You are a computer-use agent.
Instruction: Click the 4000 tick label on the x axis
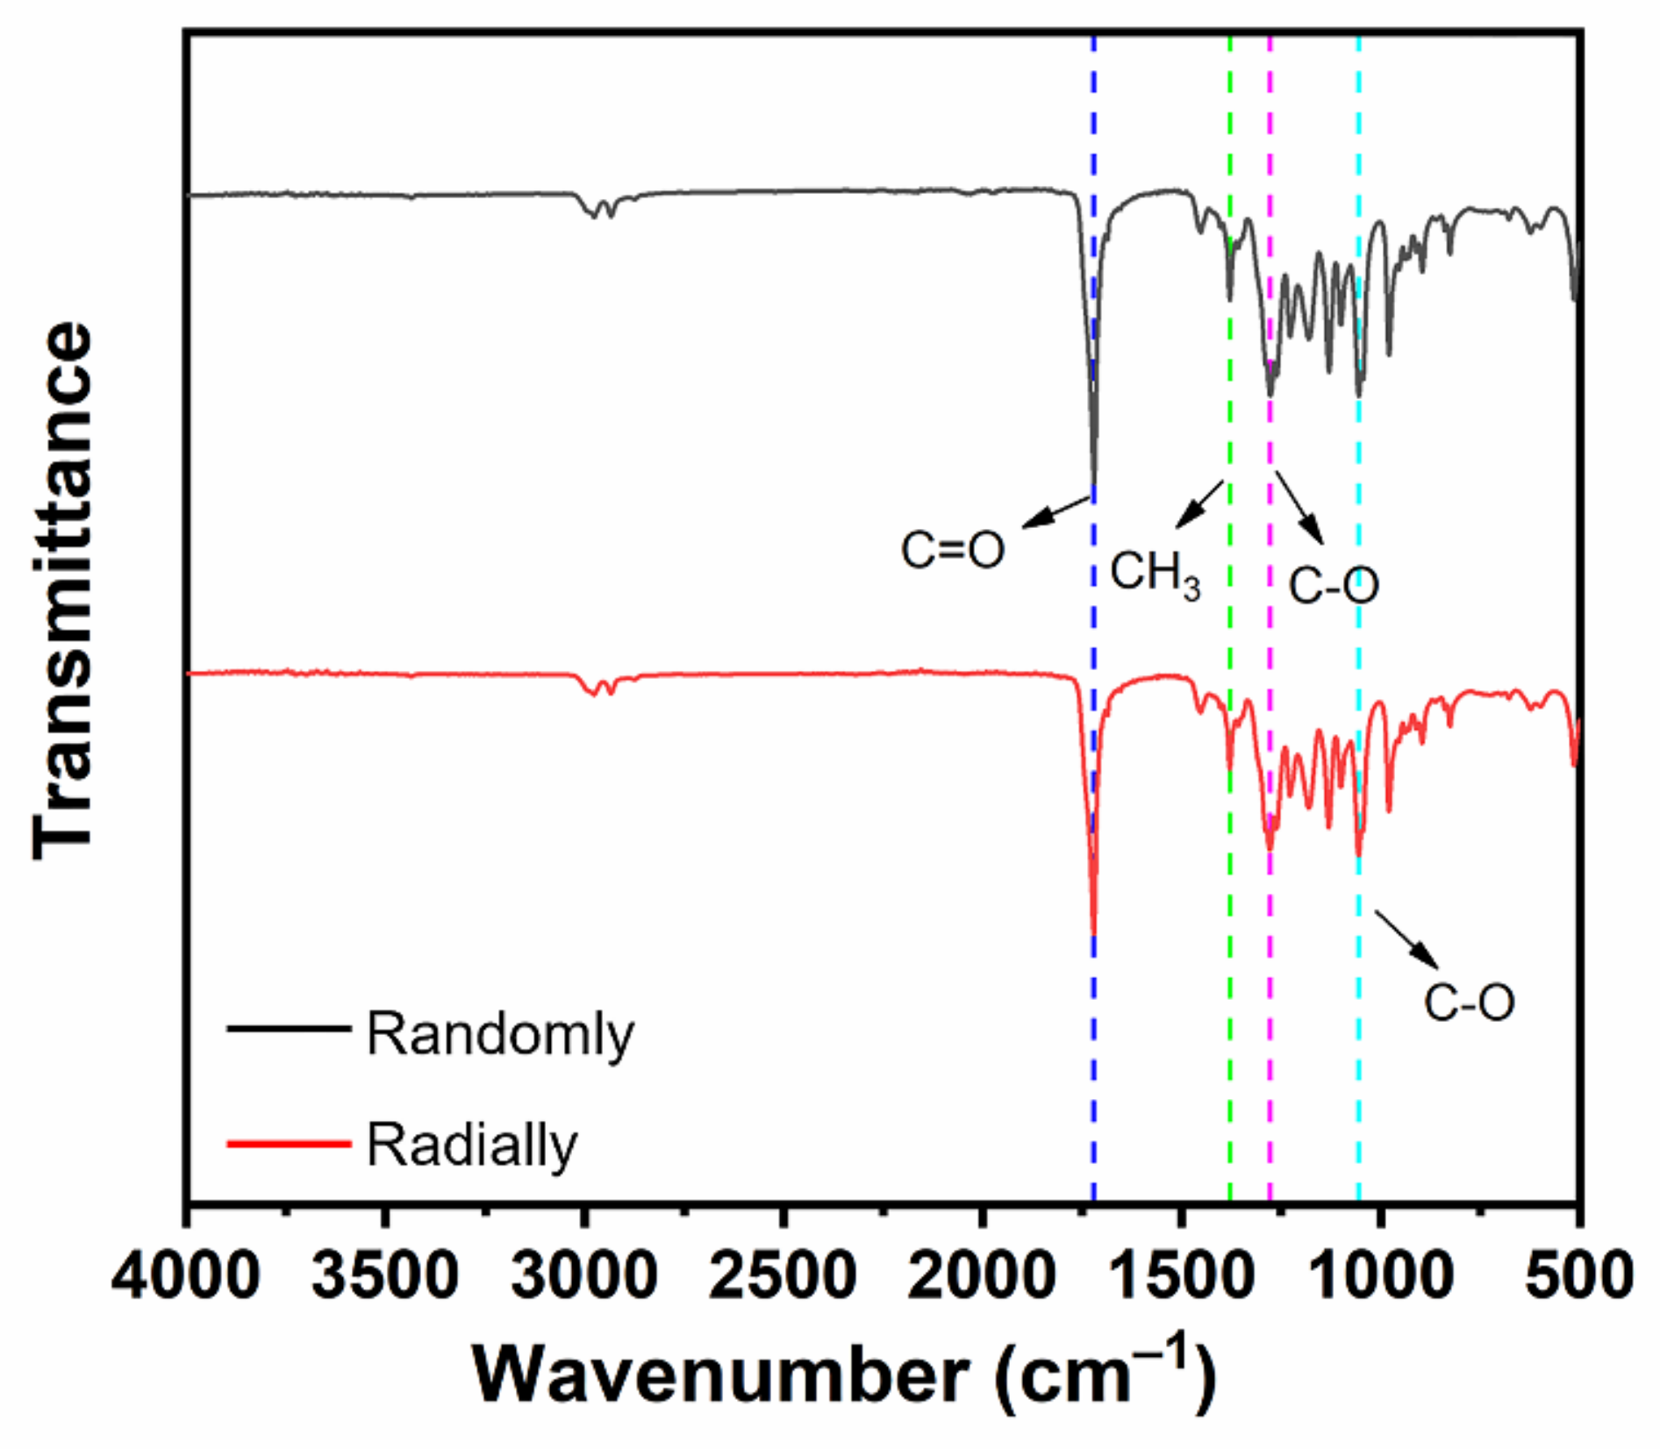click(186, 1276)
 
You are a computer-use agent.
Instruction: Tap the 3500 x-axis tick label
click(385, 1276)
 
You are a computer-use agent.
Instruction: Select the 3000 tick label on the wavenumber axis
click(584, 1276)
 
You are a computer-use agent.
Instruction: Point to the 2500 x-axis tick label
click(783, 1276)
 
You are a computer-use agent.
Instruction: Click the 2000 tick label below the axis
click(983, 1276)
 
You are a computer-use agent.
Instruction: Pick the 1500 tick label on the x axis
click(1182, 1276)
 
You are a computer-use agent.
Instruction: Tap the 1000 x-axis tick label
click(1381, 1276)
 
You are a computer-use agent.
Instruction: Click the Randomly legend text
click(500, 1035)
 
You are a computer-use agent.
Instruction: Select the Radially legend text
click(472, 1146)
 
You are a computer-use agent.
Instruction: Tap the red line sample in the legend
click(289, 1143)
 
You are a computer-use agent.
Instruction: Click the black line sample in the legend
click(289, 1027)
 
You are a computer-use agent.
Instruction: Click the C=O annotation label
click(952, 551)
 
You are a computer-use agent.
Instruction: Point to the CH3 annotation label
click(1155, 575)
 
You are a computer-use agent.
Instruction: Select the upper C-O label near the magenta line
click(1334, 585)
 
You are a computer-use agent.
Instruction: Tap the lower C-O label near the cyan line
click(1469, 1003)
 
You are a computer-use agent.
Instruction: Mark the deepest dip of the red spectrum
click(1093, 933)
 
